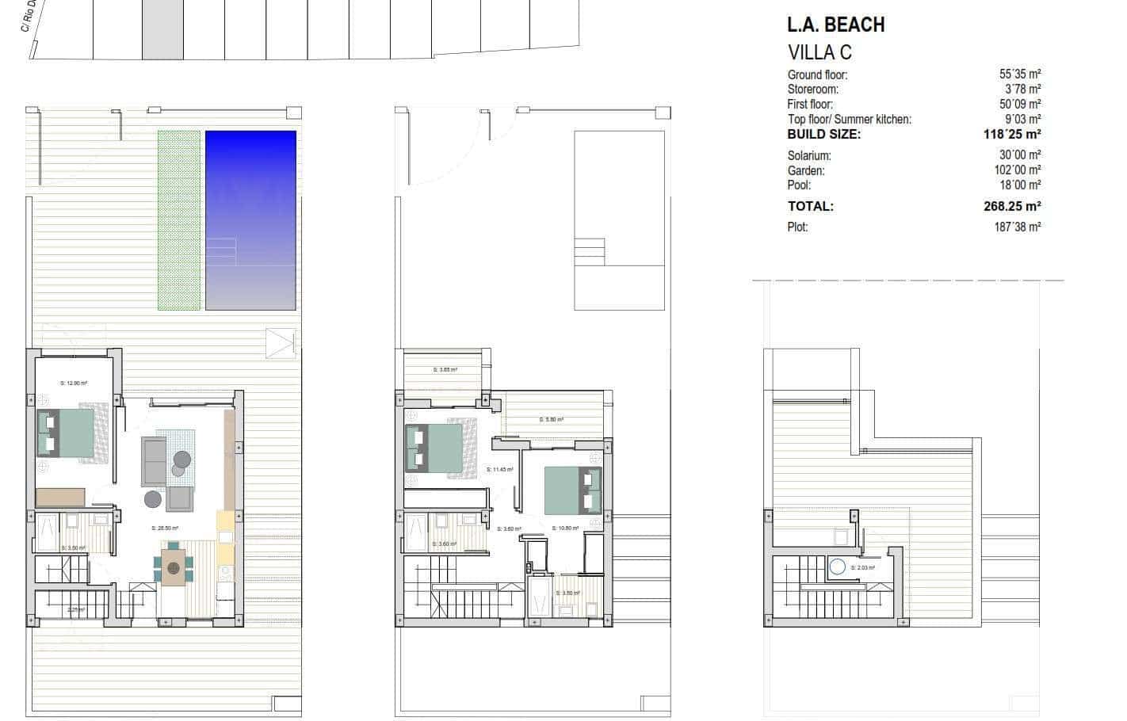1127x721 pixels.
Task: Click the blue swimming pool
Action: pyautogui.click(x=250, y=219)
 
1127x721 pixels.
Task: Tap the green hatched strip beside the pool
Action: pyautogui.click(x=179, y=219)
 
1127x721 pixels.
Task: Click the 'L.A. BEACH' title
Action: pyautogui.click(x=835, y=25)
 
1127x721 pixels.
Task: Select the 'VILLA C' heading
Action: pyautogui.click(x=819, y=52)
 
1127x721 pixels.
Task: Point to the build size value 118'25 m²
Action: pyautogui.click(x=1012, y=135)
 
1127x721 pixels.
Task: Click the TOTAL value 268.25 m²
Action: pyautogui.click(x=1012, y=207)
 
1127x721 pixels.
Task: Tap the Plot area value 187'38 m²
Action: pyautogui.click(x=1020, y=227)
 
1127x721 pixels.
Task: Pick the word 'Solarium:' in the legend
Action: pyautogui.click(x=809, y=156)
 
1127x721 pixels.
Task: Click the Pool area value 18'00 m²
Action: pyautogui.click(x=1020, y=185)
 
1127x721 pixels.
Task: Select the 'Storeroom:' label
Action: pyautogui.click(x=812, y=90)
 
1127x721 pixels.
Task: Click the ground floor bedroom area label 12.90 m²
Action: pyautogui.click(x=74, y=383)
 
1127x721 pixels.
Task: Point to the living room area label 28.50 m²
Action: pyautogui.click(x=165, y=528)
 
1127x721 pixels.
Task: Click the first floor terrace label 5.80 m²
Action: pyautogui.click(x=552, y=420)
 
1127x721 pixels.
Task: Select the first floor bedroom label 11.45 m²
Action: pyautogui.click(x=500, y=470)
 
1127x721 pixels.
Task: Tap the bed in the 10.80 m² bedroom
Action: pyautogui.click(x=572, y=490)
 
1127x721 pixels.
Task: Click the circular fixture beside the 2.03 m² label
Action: pyautogui.click(x=838, y=567)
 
